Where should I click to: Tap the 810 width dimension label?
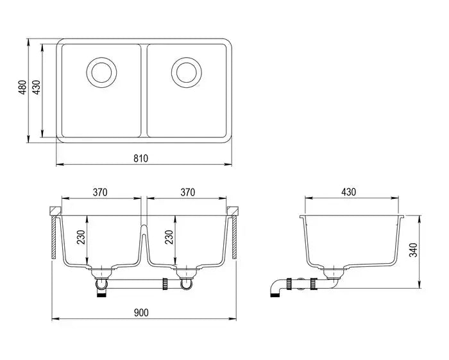point(142,159)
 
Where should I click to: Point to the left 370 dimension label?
point(99,192)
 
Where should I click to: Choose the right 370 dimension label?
point(187,192)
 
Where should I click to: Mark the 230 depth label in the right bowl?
point(169,239)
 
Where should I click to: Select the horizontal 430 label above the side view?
point(348,192)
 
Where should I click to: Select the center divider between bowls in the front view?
point(144,241)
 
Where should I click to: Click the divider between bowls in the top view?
point(144,90)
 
